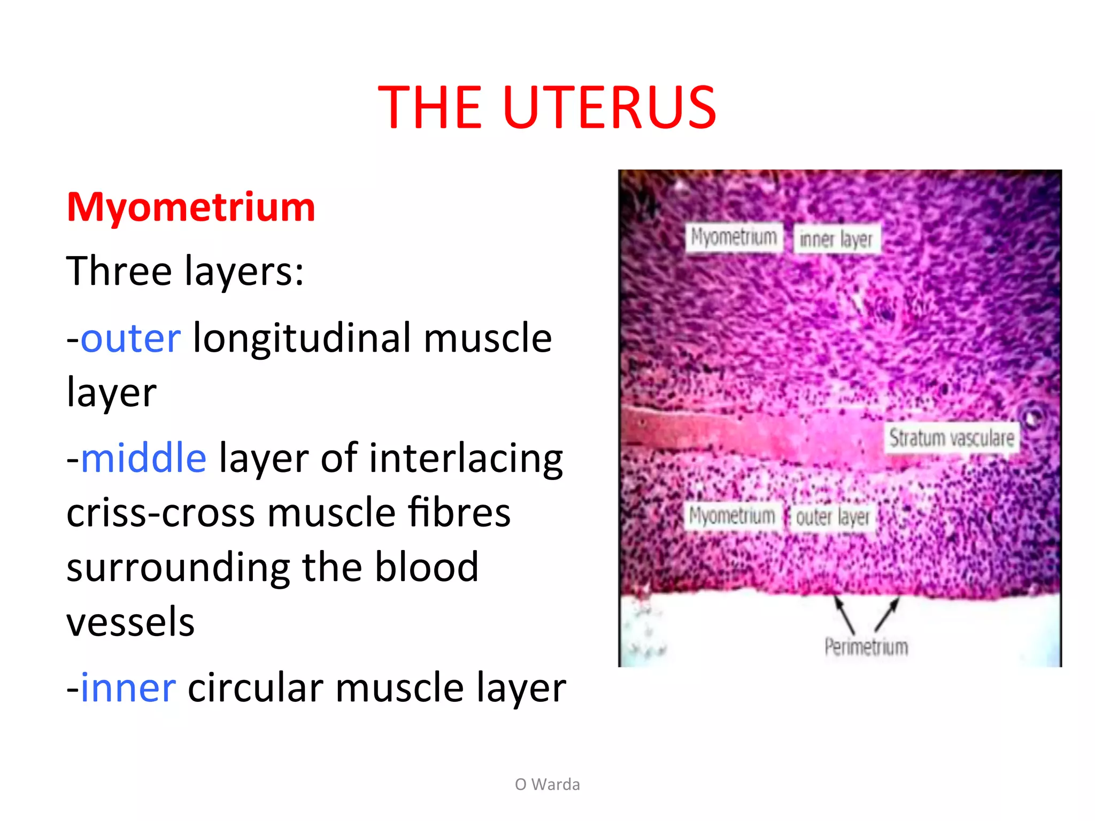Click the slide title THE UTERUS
[x=547, y=108]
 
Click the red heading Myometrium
[x=191, y=207]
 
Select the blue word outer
[x=131, y=339]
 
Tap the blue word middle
[x=143, y=459]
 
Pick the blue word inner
[x=128, y=688]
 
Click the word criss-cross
[x=161, y=513]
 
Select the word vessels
[x=130, y=622]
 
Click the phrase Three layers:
[x=185, y=272]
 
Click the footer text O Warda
[x=547, y=784]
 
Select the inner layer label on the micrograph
[x=836, y=239]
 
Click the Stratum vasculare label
[x=952, y=438]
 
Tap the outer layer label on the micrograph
[x=832, y=517]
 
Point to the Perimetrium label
[x=866, y=647]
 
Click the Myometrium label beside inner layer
[x=734, y=237]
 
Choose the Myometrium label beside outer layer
[x=731, y=516]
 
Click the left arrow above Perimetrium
[x=845, y=615]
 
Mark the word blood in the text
[x=426, y=568]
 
